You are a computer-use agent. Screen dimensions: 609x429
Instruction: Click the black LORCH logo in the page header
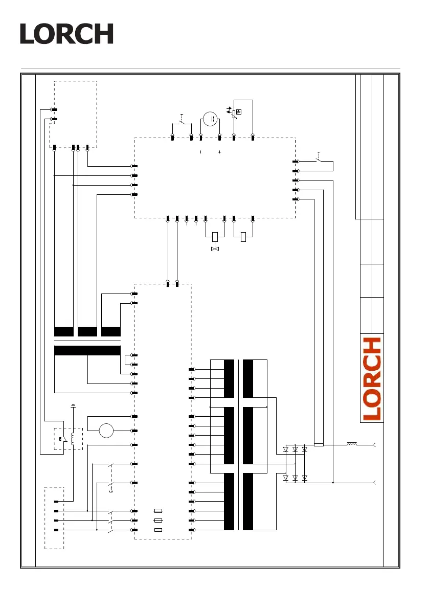click(66, 34)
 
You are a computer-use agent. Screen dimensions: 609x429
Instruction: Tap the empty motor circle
click(106, 431)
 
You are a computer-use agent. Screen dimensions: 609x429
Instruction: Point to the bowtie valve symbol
click(215, 249)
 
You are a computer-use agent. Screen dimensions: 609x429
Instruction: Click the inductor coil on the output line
click(352, 444)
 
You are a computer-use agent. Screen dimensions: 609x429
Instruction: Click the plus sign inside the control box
click(219, 152)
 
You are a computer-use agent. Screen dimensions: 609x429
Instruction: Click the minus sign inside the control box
click(200, 152)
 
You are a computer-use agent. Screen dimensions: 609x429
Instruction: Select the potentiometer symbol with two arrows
click(235, 112)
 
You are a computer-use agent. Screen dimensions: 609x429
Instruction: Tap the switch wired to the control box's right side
click(319, 160)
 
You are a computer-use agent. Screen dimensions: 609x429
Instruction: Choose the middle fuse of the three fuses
click(159, 521)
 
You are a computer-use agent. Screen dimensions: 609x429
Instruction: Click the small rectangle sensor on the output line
click(319, 445)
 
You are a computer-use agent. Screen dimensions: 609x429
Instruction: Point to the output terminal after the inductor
click(376, 445)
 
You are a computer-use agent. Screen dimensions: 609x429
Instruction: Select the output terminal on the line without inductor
click(376, 482)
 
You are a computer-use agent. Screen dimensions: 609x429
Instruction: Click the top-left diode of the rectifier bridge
click(286, 449)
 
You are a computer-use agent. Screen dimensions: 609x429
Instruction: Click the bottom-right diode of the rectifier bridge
click(304, 478)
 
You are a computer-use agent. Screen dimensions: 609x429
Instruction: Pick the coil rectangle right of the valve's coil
click(244, 236)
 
